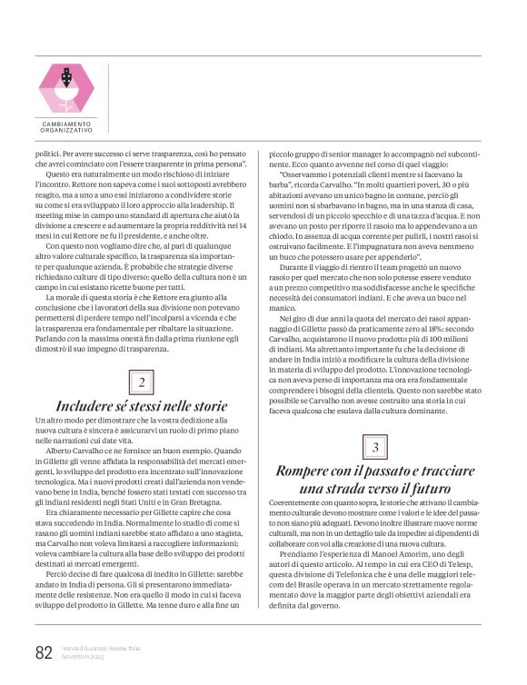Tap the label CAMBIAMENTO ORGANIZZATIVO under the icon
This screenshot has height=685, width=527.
point(65,128)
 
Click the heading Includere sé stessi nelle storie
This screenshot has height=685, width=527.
point(142,405)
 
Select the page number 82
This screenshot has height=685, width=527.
point(43,653)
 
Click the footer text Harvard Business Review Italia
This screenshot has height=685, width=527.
point(98,649)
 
